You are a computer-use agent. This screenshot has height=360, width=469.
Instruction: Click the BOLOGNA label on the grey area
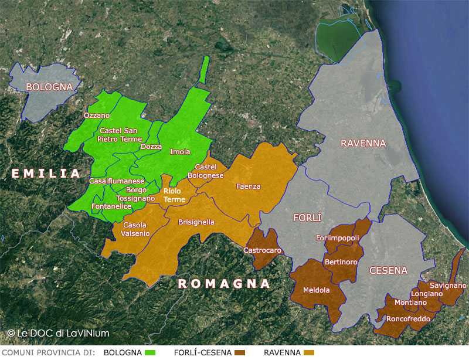click(x=49, y=87)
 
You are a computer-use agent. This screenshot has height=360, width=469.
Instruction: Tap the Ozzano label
click(x=97, y=116)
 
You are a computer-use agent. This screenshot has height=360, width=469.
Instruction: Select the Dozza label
click(x=151, y=147)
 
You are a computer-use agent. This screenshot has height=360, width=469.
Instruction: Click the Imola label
click(x=180, y=152)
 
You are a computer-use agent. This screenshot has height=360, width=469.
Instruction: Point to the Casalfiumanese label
click(x=117, y=181)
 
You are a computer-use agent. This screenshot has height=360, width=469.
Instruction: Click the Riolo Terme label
click(x=174, y=195)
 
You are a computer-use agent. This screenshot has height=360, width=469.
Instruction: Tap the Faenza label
click(x=248, y=186)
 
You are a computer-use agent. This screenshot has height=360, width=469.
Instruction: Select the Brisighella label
click(x=196, y=222)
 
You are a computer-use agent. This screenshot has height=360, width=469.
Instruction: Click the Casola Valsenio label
click(x=136, y=229)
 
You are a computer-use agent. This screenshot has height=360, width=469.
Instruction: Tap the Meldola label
click(x=316, y=290)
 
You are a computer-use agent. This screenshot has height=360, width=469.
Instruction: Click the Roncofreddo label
click(x=408, y=319)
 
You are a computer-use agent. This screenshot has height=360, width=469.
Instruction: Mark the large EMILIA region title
click(x=45, y=174)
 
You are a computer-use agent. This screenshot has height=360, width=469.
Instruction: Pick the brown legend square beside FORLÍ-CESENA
click(x=239, y=352)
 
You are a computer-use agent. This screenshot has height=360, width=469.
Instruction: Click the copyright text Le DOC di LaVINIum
click(x=58, y=333)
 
